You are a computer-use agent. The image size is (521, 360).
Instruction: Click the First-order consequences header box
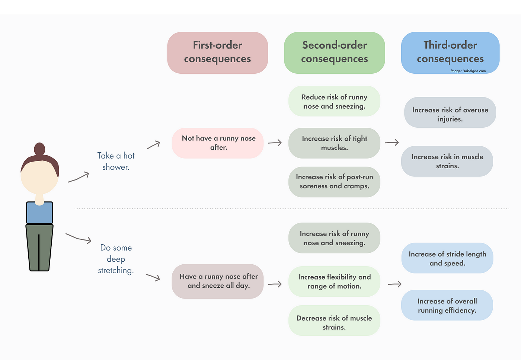click(x=217, y=52)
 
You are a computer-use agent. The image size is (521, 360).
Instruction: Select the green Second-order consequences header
click(x=334, y=52)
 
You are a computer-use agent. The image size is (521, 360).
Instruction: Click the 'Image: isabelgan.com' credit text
click(x=468, y=71)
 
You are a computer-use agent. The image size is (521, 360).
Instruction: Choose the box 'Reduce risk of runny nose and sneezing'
click(x=334, y=101)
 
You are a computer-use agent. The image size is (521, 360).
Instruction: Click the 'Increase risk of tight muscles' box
click(x=334, y=143)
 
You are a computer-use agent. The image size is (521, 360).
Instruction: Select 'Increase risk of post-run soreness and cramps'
click(x=334, y=182)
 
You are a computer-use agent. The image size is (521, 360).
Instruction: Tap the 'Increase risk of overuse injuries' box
click(x=450, y=112)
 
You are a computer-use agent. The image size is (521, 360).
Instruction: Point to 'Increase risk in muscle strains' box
click(x=447, y=161)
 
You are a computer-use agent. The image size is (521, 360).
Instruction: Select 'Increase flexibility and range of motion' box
click(x=334, y=281)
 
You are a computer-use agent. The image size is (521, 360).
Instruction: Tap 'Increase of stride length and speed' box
click(x=447, y=258)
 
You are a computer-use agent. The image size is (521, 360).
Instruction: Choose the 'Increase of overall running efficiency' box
click(x=447, y=305)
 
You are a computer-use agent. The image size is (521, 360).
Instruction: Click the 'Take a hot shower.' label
click(x=116, y=161)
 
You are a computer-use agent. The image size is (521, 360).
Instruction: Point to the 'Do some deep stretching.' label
click(x=116, y=259)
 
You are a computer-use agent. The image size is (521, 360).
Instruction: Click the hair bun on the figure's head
click(x=39, y=149)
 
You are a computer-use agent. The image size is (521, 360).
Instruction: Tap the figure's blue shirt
click(x=39, y=213)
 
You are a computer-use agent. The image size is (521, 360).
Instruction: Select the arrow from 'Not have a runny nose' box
click(x=275, y=143)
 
